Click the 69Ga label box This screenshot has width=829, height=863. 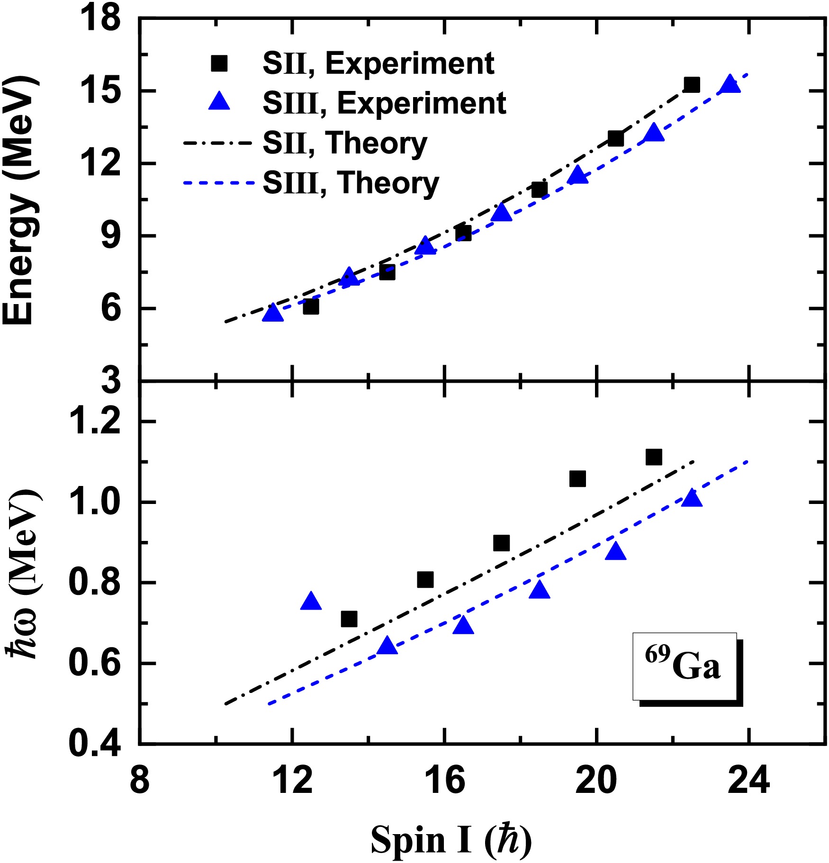tap(685, 666)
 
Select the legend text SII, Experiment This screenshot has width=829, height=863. tap(378, 63)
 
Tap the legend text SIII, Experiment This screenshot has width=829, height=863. tap(384, 103)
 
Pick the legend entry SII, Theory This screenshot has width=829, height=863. tap(345, 143)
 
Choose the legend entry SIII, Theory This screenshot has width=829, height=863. tap(351, 183)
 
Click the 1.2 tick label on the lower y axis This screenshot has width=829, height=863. tap(94, 421)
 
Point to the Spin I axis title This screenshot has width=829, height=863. tap(450, 839)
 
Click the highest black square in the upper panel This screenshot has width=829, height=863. tap(692, 85)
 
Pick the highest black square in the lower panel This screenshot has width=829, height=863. tap(653, 457)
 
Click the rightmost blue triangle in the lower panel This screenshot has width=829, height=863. tap(692, 498)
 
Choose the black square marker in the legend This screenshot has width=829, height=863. tap(219, 63)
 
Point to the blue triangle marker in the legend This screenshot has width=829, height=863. tap(219, 102)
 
